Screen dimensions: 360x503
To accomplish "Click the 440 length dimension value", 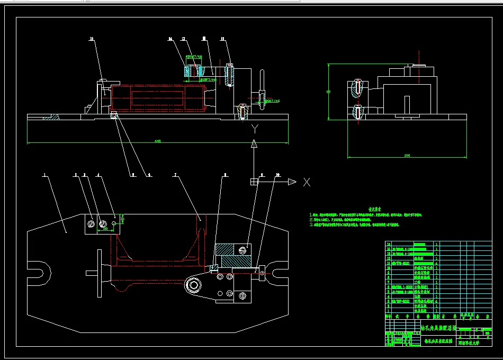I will (x=158, y=141).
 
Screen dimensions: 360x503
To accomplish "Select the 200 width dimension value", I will (x=407, y=155).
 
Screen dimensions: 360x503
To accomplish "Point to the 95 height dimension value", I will (x=329, y=92).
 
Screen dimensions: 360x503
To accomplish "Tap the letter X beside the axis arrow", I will (x=306, y=182).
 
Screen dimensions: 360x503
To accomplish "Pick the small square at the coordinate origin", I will (x=254, y=182).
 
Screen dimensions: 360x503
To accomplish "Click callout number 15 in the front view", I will (x=91, y=39).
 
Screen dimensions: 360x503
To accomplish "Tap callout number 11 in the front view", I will (x=223, y=39).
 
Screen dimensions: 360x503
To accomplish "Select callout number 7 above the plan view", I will (x=175, y=174).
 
